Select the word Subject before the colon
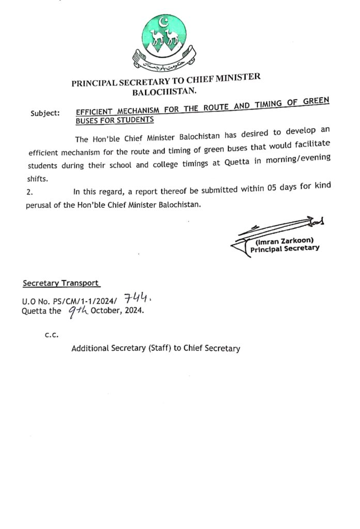[43, 113]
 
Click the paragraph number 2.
[29, 192]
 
